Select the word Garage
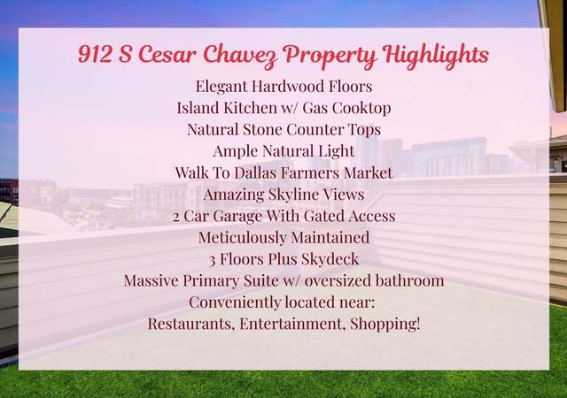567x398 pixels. (237, 217)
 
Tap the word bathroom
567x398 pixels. (409, 280)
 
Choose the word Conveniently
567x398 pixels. (235, 302)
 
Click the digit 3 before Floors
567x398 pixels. (213, 260)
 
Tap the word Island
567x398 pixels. (198, 108)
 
